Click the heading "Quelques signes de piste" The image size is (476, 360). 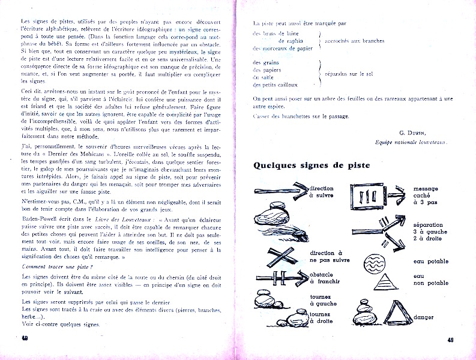(x=311, y=165)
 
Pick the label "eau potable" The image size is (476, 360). (x=430, y=261)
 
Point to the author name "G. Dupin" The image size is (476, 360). (x=412, y=132)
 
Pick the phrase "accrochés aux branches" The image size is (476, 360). (x=354, y=41)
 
